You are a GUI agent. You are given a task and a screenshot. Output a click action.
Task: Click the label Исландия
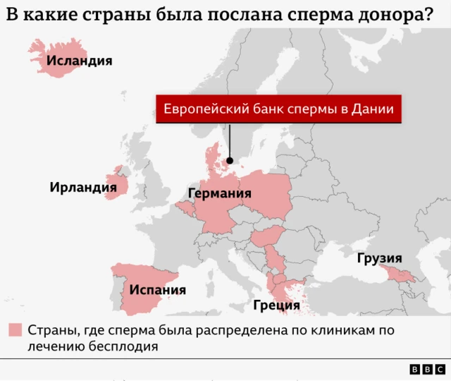(79, 61)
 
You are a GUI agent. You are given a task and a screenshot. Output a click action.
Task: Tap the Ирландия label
(82, 187)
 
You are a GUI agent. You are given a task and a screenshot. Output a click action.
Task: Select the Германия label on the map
(219, 194)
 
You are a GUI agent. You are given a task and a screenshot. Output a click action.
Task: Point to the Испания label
(157, 289)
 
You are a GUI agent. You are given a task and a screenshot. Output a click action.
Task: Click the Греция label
(276, 306)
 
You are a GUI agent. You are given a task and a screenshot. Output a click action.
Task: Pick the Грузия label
(379, 258)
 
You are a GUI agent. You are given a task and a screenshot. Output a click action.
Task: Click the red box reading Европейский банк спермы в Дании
(278, 109)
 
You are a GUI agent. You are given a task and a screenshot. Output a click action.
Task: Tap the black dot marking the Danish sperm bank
(230, 161)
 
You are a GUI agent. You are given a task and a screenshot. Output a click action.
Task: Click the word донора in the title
(389, 14)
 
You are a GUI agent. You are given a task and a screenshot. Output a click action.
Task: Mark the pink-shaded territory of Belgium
(186, 207)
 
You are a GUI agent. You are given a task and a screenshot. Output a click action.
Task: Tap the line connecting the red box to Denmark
(230, 141)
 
